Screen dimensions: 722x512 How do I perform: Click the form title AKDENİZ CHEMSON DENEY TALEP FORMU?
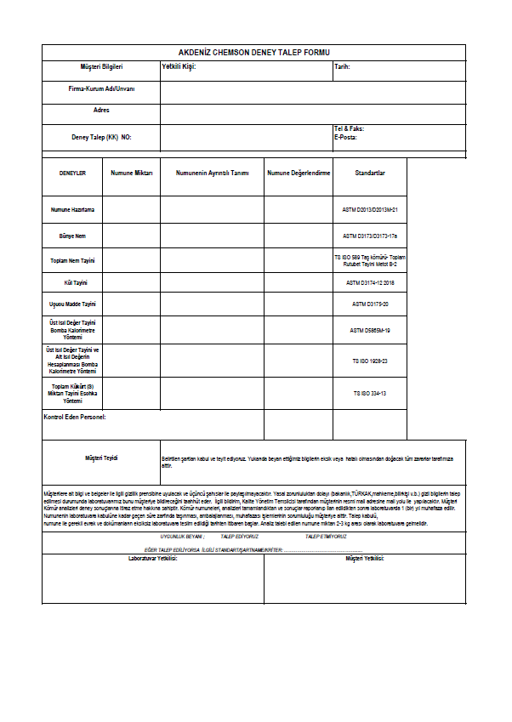point(253,52)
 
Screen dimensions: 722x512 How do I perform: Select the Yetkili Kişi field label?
point(179,65)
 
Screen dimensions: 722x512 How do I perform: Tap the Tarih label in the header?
point(342,65)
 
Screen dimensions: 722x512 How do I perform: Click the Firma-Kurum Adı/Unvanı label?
point(101,88)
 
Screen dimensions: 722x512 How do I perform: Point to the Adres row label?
point(101,110)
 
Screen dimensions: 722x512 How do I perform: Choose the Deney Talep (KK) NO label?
point(101,136)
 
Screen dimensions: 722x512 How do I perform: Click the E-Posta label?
point(345,136)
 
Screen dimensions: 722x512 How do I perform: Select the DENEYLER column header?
point(72,173)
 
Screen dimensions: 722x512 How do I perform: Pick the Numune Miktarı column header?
point(132,173)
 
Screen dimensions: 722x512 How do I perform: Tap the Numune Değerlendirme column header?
point(298,173)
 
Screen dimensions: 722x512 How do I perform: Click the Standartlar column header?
point(370,173)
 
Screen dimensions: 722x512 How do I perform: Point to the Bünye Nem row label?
point(72,235)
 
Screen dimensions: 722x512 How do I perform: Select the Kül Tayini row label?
point(72,281)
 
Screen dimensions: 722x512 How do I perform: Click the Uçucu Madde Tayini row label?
point(72,304)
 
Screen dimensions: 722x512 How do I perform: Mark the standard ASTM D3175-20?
point(370,304)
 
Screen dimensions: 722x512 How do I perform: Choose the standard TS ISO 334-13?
point(370,393)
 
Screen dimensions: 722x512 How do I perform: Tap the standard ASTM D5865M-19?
point(370,330)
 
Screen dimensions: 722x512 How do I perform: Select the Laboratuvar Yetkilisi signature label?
point(152,559)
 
